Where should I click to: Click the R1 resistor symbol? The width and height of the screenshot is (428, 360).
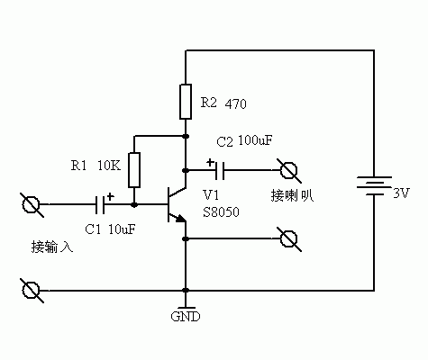pyautogui.click(x=134, y=167)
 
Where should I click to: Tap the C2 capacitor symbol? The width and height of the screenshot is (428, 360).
pyautogui.click(x=219, y=169)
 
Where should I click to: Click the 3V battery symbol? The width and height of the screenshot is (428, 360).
pyautogui.click(x=372, y=191)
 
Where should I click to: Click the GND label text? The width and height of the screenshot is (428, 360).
pyautogui.click(x=185, y=317)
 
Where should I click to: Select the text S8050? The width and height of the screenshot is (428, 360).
pyautogui.click(x=221, y=211)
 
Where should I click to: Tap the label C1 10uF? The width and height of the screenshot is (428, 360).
pyautogui.click(x=110, y=229)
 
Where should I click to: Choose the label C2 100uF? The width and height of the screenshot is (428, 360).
pyautogui.click(x=243, y=141)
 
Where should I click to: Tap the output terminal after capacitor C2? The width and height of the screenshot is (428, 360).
pyautogui.click(x=289, y=169)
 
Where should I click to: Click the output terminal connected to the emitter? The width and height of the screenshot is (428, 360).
pyautogui.click(x=289, y=238)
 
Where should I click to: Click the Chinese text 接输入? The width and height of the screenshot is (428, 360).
pyautogui.click(x=51, y=246)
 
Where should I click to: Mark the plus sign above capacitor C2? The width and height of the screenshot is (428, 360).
pyautogui.click(x=209, y=161)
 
